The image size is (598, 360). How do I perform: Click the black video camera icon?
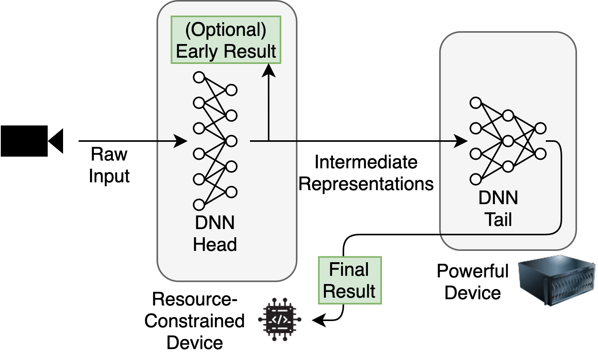click(32, 141)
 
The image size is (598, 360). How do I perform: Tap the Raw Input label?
click(109, 165)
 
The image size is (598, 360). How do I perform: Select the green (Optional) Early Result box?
click(226, 40)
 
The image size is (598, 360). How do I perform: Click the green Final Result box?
click(350, 280)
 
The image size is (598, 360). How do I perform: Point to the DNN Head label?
click(215, 233)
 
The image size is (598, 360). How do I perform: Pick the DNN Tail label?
click(498, 208)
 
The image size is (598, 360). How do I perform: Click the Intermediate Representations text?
click(366, 173)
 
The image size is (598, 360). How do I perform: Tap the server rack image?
click(557, 280)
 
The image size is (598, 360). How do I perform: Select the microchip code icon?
click(280, 319)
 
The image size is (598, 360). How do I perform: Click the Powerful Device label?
click(473, 282)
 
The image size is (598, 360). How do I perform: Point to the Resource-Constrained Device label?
click(194, 321)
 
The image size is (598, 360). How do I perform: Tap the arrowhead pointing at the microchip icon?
click(319, 319)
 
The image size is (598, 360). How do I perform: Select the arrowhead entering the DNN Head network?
click(181, 141)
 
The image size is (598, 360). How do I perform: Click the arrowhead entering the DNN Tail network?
click(461, 141)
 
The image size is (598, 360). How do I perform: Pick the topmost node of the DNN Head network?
click(199, 78)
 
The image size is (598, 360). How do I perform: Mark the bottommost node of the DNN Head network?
click(199, 205)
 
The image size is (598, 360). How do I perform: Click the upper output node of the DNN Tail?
click(541, 129)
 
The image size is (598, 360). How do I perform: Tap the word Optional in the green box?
click(226, 30)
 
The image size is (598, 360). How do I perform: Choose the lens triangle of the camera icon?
click(56, 141)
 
